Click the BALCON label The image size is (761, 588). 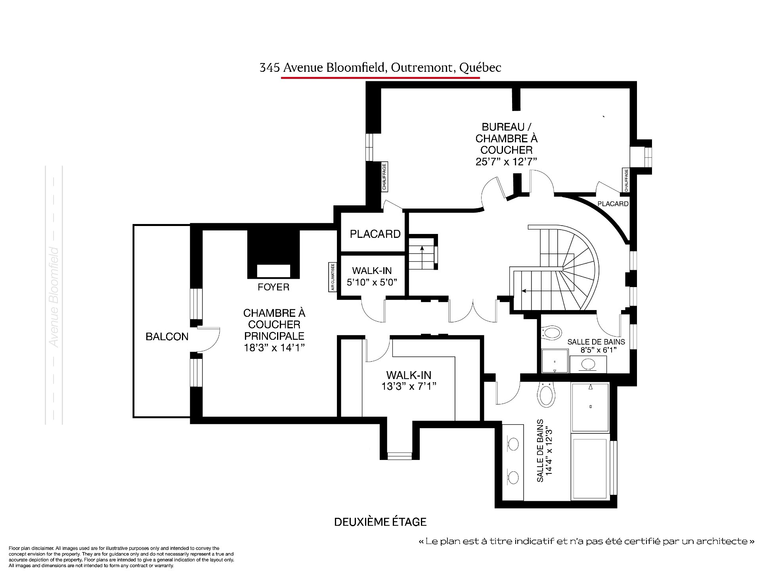click(167, 337)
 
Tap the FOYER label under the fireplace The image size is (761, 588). click(273, 287)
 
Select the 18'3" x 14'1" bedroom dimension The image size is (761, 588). click(274, 348)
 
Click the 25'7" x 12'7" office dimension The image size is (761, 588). click(506, 162)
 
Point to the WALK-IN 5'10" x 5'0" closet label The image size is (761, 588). click(372, 276)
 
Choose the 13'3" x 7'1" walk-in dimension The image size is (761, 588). click(409, 386)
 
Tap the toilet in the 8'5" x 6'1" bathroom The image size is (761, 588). click(552, 332)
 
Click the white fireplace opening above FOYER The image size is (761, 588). click(273, 271)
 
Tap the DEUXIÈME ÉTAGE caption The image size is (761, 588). click(380, 522)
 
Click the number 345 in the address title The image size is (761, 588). click(268, 67)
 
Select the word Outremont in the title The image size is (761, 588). click(423, 67)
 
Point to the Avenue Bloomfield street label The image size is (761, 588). click(54, 297)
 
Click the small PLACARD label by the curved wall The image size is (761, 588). click(613, 204)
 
